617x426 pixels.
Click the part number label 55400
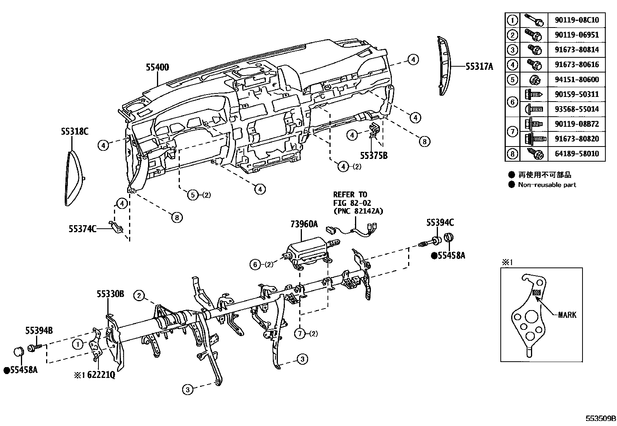click(157, 67)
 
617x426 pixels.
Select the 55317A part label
click(479, 67)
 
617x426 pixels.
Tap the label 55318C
click(74, 131)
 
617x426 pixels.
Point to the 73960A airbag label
click(304, 224)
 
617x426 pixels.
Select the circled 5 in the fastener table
click(512, 79)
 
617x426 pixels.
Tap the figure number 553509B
click(600, 419)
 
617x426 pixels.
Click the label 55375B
click(374, 156)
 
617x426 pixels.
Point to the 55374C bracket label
click(82, 229)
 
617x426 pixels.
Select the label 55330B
click(110, 294)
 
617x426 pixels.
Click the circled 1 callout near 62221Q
click(78, 344)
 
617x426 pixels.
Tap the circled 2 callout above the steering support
click(139, 296)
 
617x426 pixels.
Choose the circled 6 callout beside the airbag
click(255, 265)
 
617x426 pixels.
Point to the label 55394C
click(440, 222)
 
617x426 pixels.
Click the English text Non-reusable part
click(547, 185)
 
